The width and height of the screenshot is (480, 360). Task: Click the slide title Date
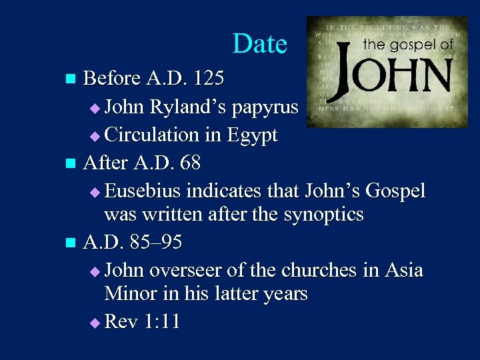(x=260, y=44)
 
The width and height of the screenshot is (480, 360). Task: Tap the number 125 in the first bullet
(x=207, y=79)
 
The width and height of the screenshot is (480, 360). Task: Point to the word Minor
(x=129, y=293)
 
